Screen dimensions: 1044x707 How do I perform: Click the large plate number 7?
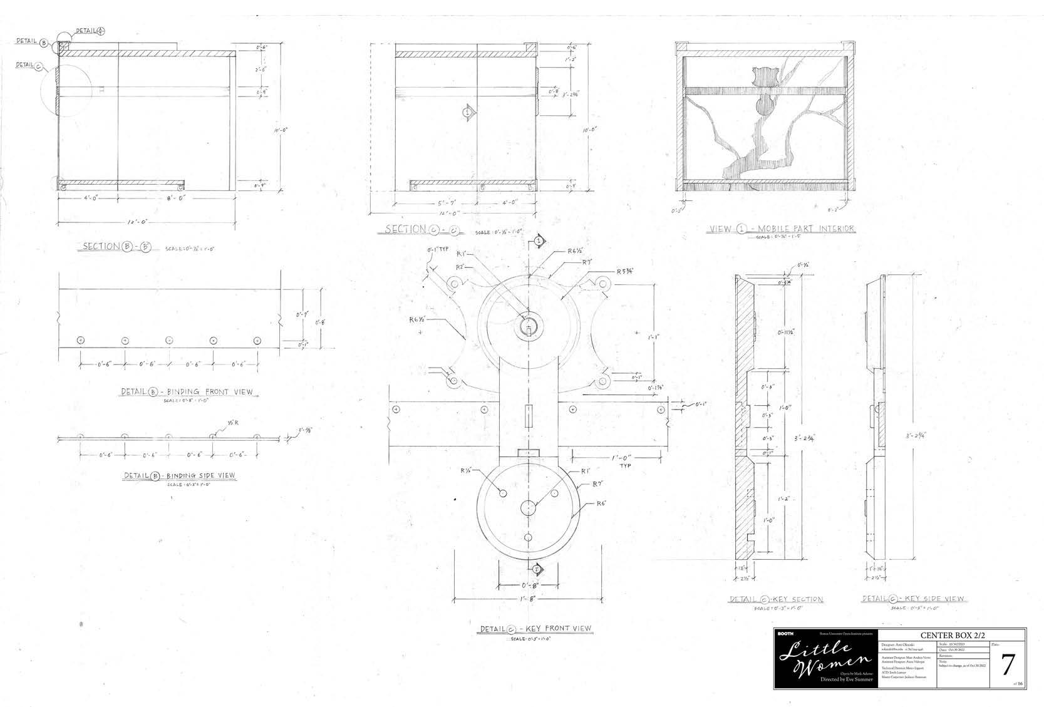[x=1006, y=666]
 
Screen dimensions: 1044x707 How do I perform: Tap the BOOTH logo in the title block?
[x=785, y=633]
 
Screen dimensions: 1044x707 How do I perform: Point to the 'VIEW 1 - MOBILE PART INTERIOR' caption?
[x=781, y=229]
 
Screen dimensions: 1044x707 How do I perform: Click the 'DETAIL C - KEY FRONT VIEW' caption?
[x=535, y=629]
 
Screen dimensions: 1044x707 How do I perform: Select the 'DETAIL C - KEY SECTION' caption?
[x=777, y=599]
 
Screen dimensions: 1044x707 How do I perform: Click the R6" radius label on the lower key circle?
[x=601, y=503]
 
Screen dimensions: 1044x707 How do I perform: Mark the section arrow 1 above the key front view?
[x=537, y=240]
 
